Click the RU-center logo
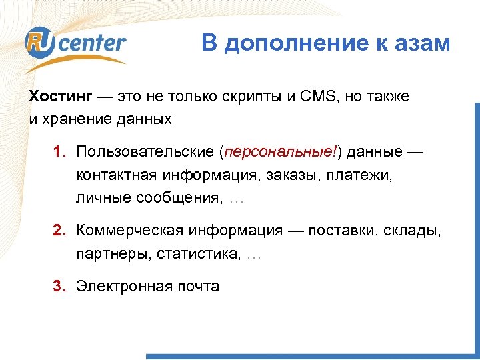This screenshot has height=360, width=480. [x=75, y=44]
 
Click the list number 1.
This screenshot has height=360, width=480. [x=59, y=151]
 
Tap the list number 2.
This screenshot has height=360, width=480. [x=59, y=231]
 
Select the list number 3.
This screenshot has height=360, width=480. [x=59, y=286]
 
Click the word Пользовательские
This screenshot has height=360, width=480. [x=145, y=151]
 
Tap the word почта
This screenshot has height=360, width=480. [x=198, y=286]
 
